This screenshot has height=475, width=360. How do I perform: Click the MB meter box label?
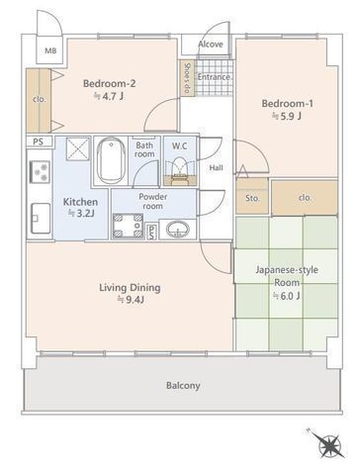point(50,50)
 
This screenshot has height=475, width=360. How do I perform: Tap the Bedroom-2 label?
point(109,83)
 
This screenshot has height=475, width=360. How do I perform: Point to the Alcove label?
point(211,45)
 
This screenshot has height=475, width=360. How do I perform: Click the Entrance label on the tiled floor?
point(214,77)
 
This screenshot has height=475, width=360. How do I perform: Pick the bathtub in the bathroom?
point(112,160)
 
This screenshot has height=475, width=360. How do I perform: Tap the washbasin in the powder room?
point(178,229)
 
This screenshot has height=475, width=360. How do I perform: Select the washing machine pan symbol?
point(128,226)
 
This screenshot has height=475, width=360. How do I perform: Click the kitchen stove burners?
point(41,172)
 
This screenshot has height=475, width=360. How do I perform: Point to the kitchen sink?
point(41,218)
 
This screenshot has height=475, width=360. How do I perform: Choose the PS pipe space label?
point(39,142)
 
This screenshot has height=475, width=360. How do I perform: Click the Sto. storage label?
point(253,199)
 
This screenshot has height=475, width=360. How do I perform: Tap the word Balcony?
point(183,386)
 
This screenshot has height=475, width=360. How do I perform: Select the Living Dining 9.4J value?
point(131,300)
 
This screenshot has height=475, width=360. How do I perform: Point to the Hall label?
point(217,168)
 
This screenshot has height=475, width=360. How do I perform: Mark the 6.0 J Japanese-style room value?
point(287,296)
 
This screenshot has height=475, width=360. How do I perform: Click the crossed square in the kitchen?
point(78,148)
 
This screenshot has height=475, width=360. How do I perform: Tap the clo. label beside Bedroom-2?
point(40,99)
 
